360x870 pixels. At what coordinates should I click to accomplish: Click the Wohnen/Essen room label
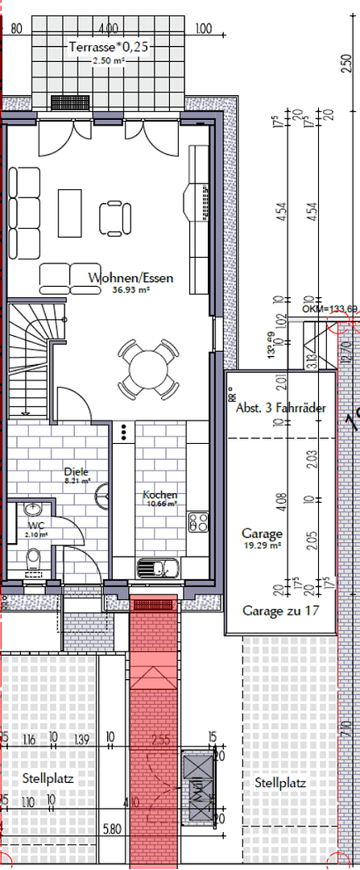pyautogui.click(x=131, y=278)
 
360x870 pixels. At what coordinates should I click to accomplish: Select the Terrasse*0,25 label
pyautogui.click(x=109, y=48)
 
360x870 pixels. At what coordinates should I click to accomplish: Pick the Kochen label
pyautogui.click(x=160, y=495)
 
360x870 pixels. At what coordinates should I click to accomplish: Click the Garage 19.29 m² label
pyautogui.click(x=262, y=533)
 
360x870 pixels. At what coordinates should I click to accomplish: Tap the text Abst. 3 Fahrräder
pyautogui.click(x=281, y=408)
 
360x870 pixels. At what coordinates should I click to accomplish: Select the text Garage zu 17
pyautogui.click(x=281, y=611)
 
